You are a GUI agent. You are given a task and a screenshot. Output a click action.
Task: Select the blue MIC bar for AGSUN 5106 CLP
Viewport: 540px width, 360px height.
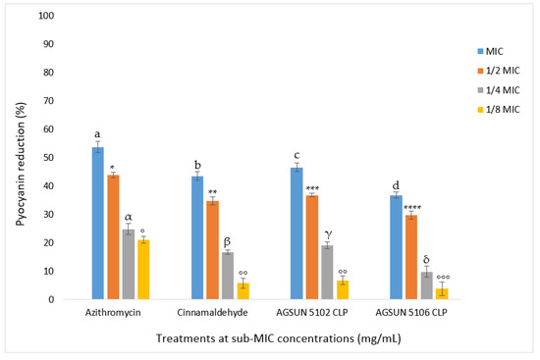(x=396, y=246)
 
